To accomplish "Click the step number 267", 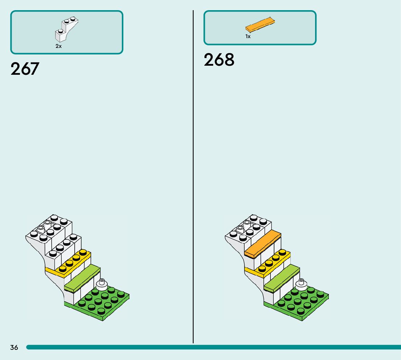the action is coord(25,69).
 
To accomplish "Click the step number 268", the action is coord(219,60).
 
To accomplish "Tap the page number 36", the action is coord(14,347).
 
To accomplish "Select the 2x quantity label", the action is coord(58,46).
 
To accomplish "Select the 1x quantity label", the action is coord(248,37).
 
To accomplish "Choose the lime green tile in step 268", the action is coord(282,278).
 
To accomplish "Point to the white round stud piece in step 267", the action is coord(102,284).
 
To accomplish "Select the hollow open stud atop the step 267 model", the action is coord(41,229).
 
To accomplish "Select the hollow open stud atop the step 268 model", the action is coord(240,229).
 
